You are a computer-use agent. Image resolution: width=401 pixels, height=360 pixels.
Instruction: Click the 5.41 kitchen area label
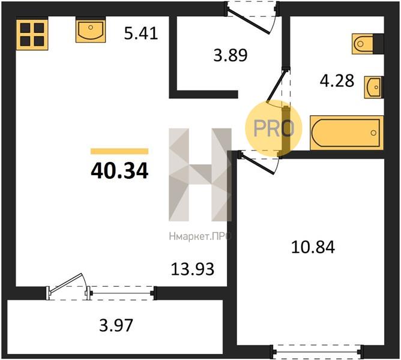pos(141,34)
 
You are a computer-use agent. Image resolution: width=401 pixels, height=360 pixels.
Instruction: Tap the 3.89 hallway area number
pos(231,55)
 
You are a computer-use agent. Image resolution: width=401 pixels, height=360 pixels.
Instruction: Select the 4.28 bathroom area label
pos(337,80)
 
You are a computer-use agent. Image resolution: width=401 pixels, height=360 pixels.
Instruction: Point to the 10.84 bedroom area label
pos(313,247)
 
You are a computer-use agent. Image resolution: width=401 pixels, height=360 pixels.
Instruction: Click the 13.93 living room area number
pos(192,269)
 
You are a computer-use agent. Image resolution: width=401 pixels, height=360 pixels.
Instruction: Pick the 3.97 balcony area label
pos(116,325)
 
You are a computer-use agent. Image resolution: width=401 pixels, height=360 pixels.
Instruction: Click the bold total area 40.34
pos(119,171)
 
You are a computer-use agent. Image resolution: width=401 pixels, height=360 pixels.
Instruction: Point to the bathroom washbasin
pos(373,87)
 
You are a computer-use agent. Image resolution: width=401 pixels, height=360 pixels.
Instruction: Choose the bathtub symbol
pos(346,133)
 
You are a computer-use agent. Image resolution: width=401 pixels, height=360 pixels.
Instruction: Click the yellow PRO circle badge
pos(274,128)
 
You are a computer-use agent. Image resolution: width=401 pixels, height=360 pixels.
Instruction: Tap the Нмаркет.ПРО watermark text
pos(200,236)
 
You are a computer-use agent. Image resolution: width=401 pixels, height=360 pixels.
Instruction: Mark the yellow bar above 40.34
pos(119,151)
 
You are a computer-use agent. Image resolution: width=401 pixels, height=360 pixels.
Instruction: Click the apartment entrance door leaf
pos(249,22)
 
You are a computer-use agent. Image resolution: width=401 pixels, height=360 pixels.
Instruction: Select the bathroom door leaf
pos(276,86)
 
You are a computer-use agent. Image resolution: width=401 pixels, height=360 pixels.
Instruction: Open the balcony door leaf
pos(66,283)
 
